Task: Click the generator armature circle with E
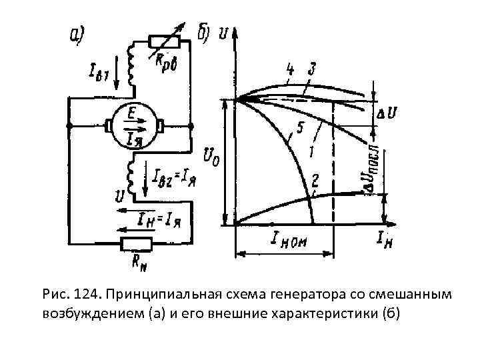(133, 125)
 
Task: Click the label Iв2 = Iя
(175, 177)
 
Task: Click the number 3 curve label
(311, 69)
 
